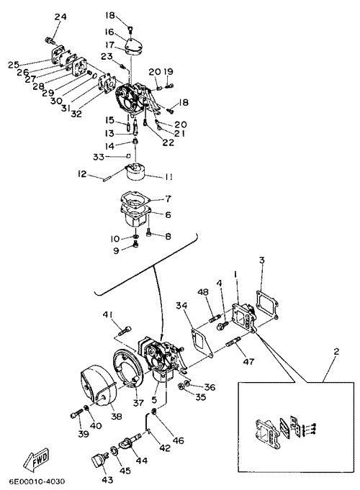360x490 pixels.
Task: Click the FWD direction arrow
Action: pyautogui.click(x=37, y=460)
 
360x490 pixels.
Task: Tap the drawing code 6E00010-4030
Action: pyautogui.click(x=37, y=481)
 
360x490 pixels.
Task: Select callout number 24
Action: pyautogui.click(x=60, y=17)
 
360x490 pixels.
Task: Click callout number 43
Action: pyautogui.click(x=107, y=479)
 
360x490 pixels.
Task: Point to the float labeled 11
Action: pyautogui.click(x=136, y=171)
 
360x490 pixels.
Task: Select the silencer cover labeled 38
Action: pyautogui.click(x=99, y=387)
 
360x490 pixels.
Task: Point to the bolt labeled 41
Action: pyautogui.click(x=125, y=330)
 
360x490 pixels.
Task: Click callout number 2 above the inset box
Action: pyautogui.click(x=336, y=352)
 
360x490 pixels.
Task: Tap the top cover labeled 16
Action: pyautogui.click(x=134, y=45)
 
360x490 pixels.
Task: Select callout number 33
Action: pyautogui.click(x=98, y=157)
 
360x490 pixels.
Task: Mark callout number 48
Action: pyautogui.click(x=203, y=292)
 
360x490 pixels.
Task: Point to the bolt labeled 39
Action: pyautogui.click(x=76, y=414)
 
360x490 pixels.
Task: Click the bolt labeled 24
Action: pyautogui.click(x=50, y=40)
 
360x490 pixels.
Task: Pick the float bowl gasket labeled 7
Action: pyautogui.click(x=135, y=199)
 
